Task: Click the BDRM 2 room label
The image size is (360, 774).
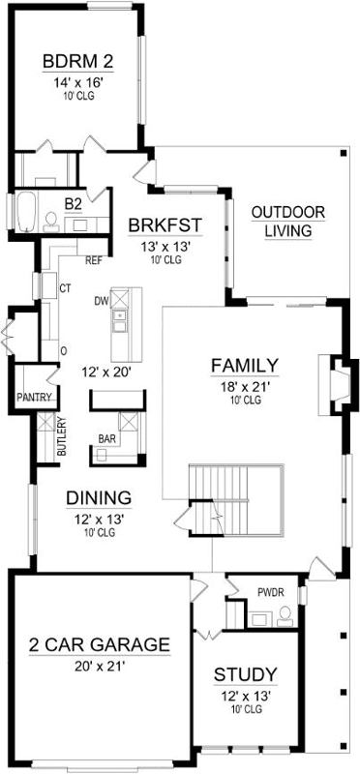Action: coord(77,63)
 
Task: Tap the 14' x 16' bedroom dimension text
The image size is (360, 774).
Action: coord(77,82)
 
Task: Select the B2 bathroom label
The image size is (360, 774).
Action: coord(73,204)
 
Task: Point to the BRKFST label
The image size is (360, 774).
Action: coord(165,226)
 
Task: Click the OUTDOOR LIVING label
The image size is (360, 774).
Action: coord(287,222)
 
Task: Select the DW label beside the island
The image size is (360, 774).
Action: coord(100,301)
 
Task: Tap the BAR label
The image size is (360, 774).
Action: coord(107,438)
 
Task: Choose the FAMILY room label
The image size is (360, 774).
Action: coord(245,366)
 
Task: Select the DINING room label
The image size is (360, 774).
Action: coord(99,498)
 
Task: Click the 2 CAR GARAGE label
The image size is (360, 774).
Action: coord(100,645)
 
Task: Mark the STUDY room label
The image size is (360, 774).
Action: coord(246,674)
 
